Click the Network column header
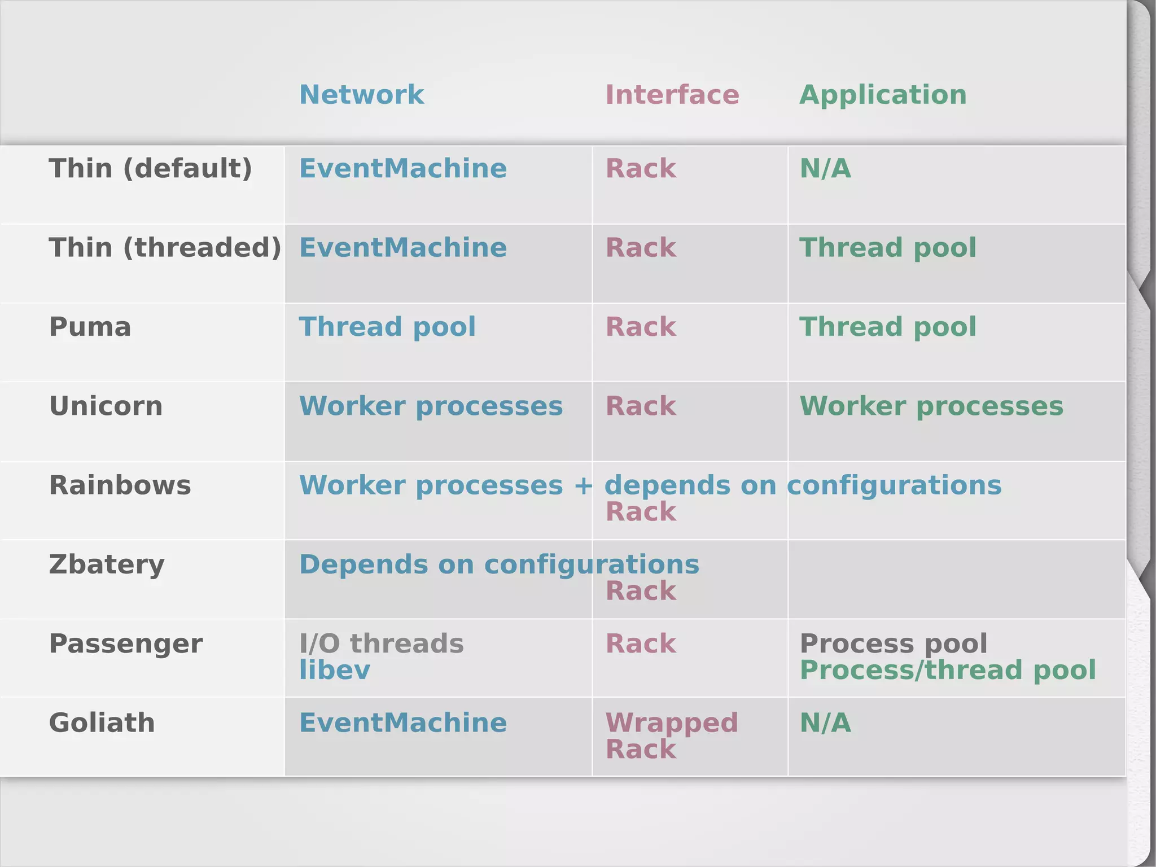(x=361, y=95)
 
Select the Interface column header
(x=672, y=95)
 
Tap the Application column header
(x=883, y=95)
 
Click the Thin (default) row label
(x=150, y=169)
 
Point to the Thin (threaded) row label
(x=165, y=248)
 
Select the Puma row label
(x=90, y=327)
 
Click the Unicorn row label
(x=106, y=406)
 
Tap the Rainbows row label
(x=120, y=485)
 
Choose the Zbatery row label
(x=107, y=564)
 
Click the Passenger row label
(x=125, y=643)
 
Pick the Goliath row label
(x=102, y=723)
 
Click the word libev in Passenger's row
(x=334, y=671)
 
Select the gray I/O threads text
(x=381, y=643)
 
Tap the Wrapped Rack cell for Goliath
(x=671, y=736)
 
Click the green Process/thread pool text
(x=947, y=671)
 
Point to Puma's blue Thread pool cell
(x=387, y=327)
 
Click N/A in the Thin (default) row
(x=825, y=169)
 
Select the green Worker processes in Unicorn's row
(x=931, y=406)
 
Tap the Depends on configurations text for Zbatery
(x=499, y=564)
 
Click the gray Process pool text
(x=893, y=643)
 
